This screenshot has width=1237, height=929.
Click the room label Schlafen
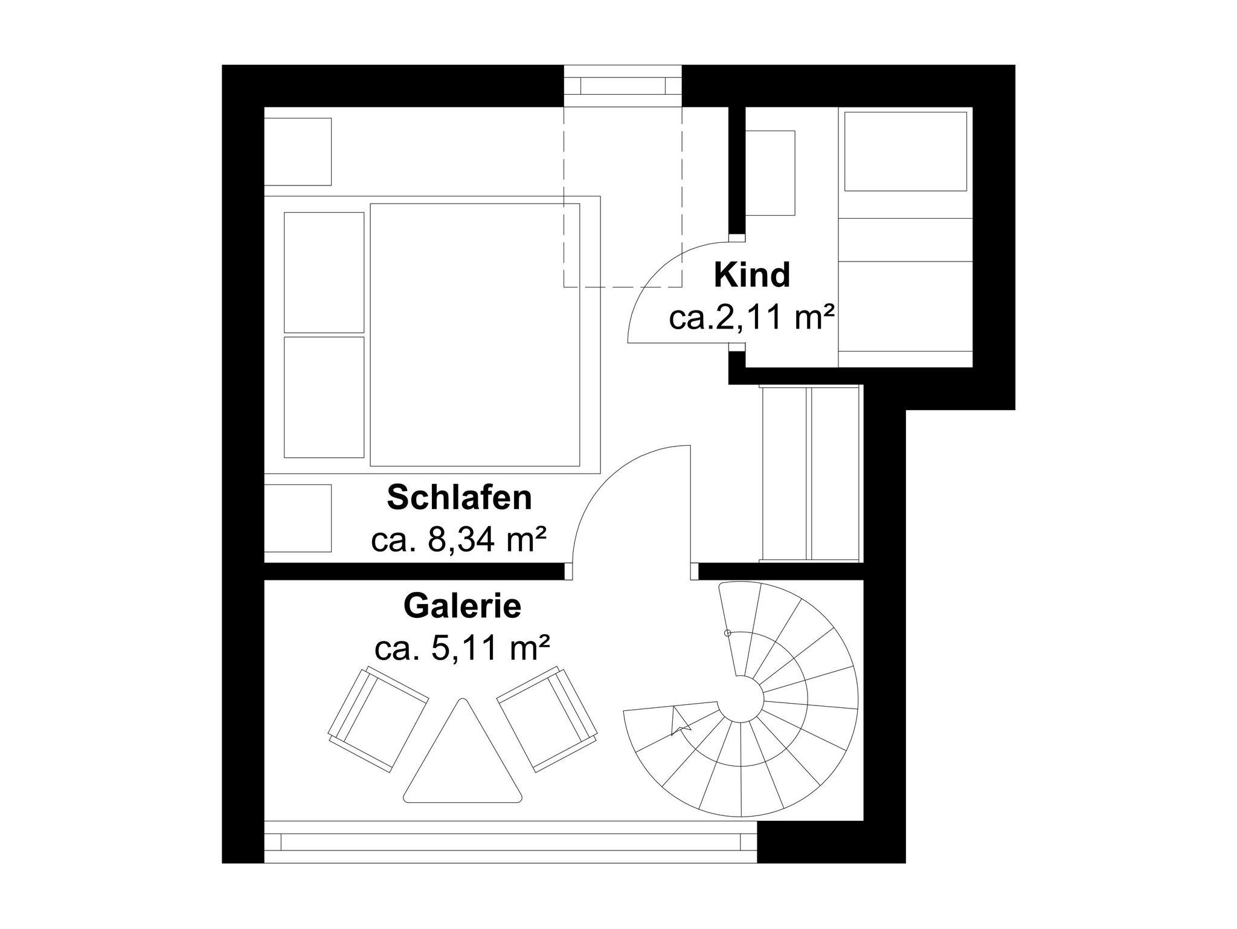coord(459,498)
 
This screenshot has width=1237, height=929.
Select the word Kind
coord(751,275)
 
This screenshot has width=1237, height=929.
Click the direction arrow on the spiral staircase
coord(680,722)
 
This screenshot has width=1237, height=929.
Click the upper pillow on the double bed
coord(324,272)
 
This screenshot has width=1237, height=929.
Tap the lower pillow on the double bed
coord(324,397)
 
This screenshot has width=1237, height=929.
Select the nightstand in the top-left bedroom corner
coord(298,152)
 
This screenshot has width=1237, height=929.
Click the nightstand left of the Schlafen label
coord(298,518)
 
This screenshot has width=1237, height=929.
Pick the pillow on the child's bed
coord(905,151)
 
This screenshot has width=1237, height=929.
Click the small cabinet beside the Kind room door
coord(770,173)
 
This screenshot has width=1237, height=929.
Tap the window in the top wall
coord(623,86)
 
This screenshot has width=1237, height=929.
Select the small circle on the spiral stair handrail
coord(728,633)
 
